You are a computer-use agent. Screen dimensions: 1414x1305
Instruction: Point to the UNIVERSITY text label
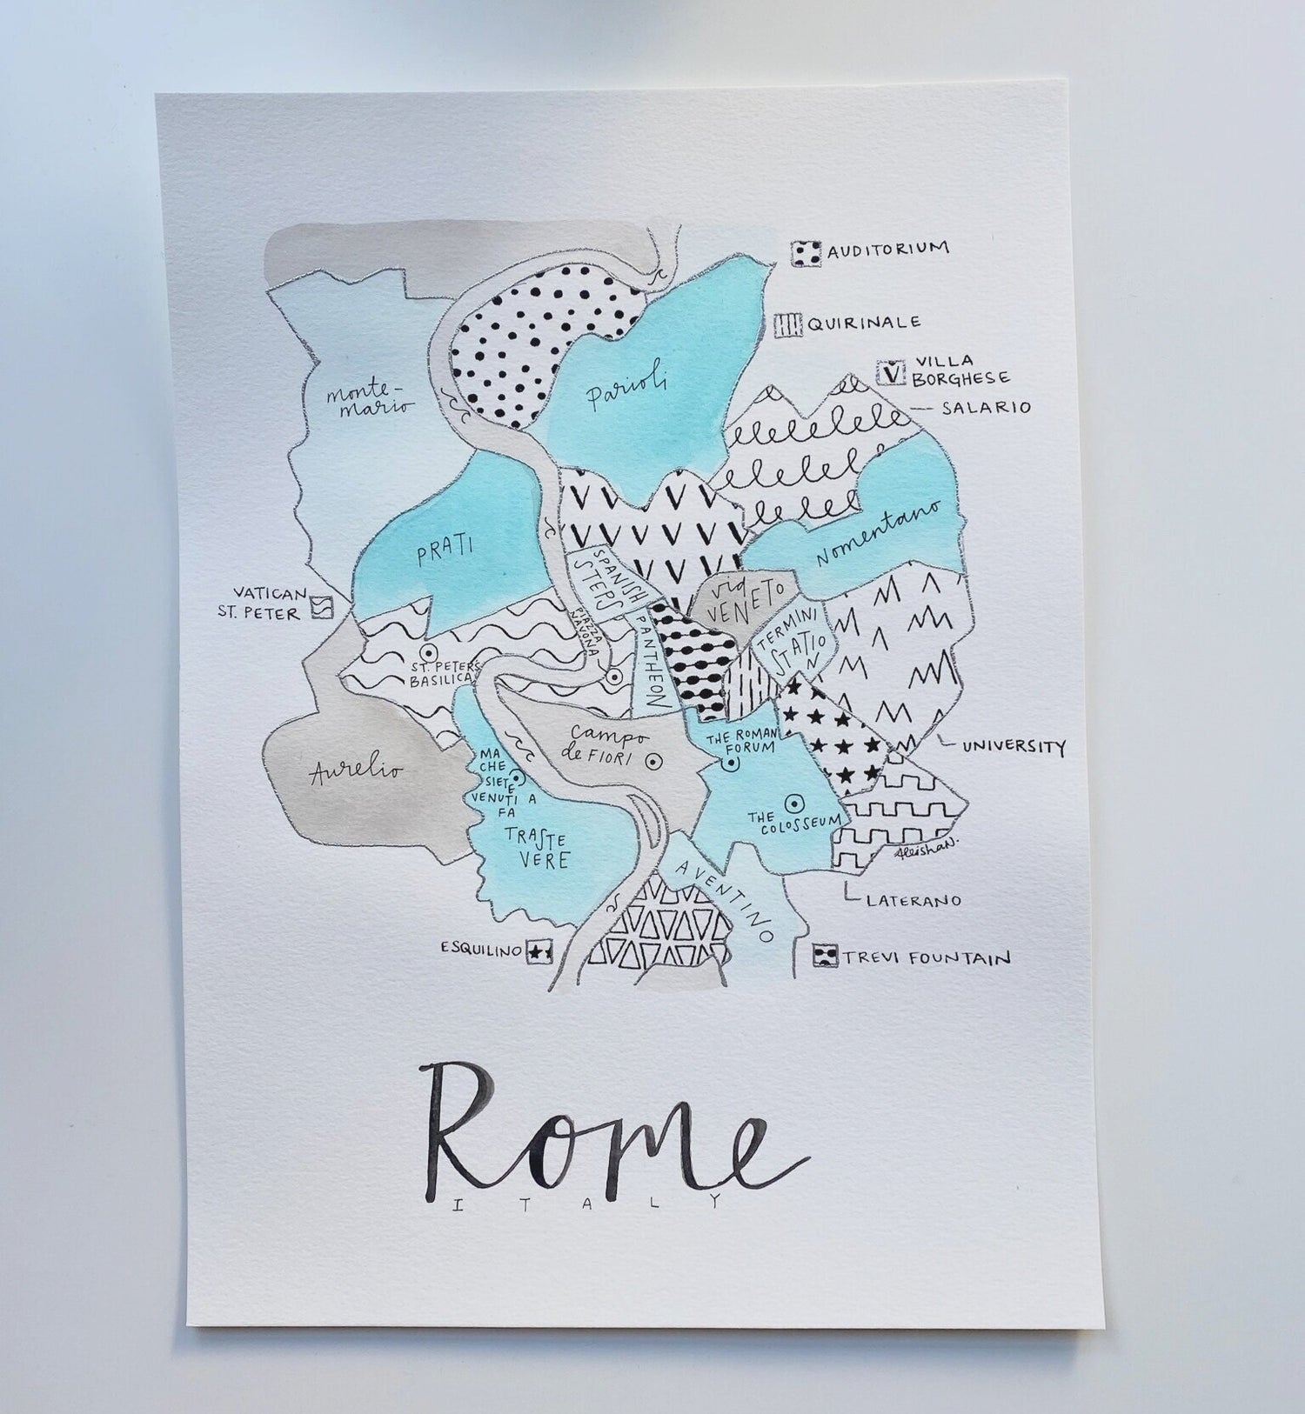click(1012, 746)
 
